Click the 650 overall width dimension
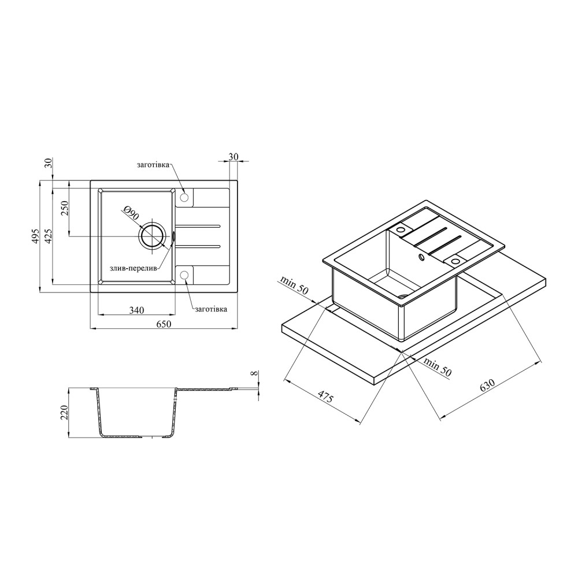point(164,324)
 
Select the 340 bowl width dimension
point(137,310)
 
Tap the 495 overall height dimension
point(35,236)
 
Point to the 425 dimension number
point(49,236)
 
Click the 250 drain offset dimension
point(64,209)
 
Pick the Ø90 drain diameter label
point(132,213)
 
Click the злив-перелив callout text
point(134,268)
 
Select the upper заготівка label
point(153,165)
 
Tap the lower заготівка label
point(211,309)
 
